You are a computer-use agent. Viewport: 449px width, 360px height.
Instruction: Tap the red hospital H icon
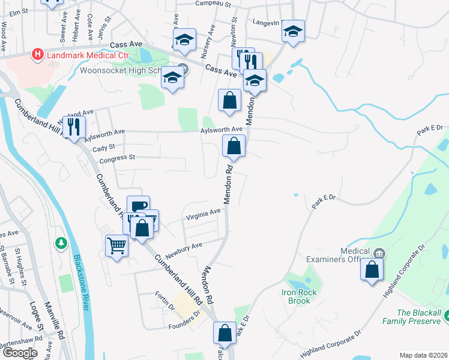pos(38,55)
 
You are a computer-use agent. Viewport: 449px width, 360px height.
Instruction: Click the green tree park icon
pos(60,244)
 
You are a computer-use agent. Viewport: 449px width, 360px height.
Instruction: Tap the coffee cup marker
pos(138,206)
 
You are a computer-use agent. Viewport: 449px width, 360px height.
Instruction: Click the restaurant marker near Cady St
pos(74,127)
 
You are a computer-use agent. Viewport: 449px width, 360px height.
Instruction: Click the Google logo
pos(20,353)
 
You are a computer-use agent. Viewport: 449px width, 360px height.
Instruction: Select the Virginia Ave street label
pos(203,215)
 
